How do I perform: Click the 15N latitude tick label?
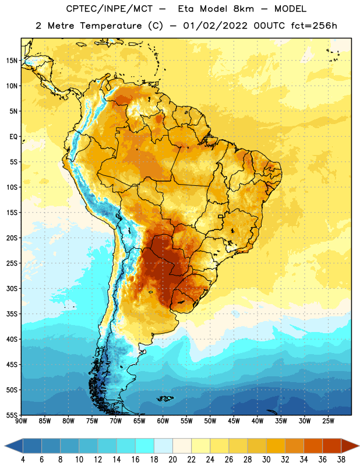click(x=12, y=61)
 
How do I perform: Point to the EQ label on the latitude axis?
click(x=13, y=137)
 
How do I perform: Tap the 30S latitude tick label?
click(x=12, y=288)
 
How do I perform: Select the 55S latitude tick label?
click(x=12, y=415)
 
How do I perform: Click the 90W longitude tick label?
click(x=21, y=421)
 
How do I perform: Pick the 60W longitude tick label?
click(x=163, y=421)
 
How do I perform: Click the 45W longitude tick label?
click(x=234, y=421)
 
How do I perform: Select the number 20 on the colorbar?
click(x=172, y=460)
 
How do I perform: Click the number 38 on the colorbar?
click(x=341, y=460)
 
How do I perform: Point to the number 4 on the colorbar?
click(x=23, y=460)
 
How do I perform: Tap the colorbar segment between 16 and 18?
click(x=145, y=446)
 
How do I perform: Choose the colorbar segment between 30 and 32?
click(x=276, y=446)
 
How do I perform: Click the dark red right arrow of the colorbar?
click(x=350, y=446)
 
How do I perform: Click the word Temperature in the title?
click(x=111, y=26)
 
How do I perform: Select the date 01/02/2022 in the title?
click(x=215, y=26)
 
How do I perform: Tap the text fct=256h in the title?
click(x=313, y=26)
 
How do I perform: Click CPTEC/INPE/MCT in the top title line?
click(x=109, y=9)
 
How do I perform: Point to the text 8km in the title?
click(x=243, y=9)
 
